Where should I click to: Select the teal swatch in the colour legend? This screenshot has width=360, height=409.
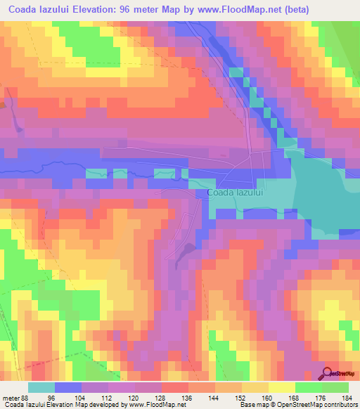coord(41,387)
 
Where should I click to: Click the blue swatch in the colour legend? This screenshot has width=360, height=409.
coord(68,387)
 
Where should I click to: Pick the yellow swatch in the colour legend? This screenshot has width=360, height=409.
coord(282,387)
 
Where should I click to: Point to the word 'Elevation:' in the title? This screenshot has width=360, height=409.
coord(98,8)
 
